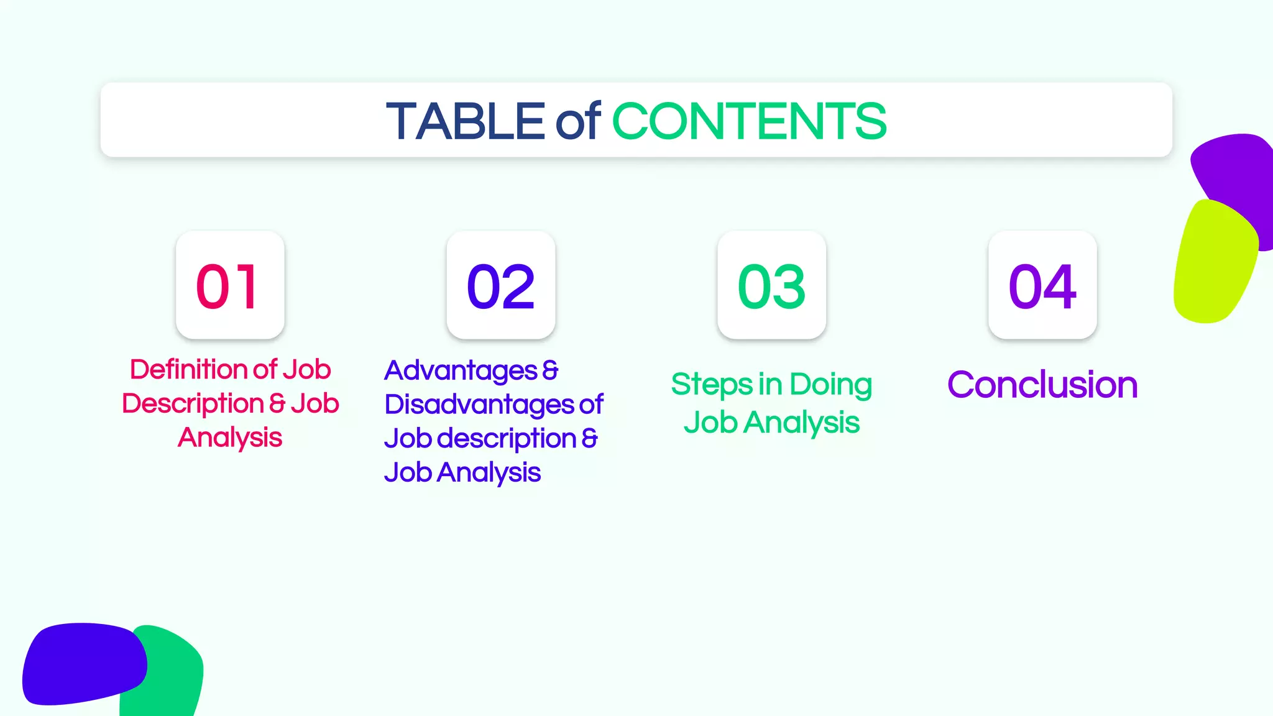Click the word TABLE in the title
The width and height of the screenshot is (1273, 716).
[x=465, y=121]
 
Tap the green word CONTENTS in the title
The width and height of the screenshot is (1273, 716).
[x=749, y=121]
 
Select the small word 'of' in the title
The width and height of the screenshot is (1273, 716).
[x=578, y=121]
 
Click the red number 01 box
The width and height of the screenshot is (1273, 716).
[x=230, y=285]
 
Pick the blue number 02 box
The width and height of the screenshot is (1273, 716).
[x=501, y=285]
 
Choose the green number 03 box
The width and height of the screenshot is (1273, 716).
[x=771, y=285]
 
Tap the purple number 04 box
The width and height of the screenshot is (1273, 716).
[x=1042, y=285]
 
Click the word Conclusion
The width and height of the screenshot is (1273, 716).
[x=1042, y=385]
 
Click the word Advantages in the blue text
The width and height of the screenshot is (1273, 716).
[x=461, y=371]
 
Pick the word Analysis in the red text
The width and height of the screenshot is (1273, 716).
[x=230, y=438]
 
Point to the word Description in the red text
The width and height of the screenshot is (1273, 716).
[x=193, y=404]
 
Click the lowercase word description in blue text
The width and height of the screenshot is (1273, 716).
[x=507, y=439]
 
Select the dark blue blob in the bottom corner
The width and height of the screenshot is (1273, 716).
[x=81, y=664]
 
